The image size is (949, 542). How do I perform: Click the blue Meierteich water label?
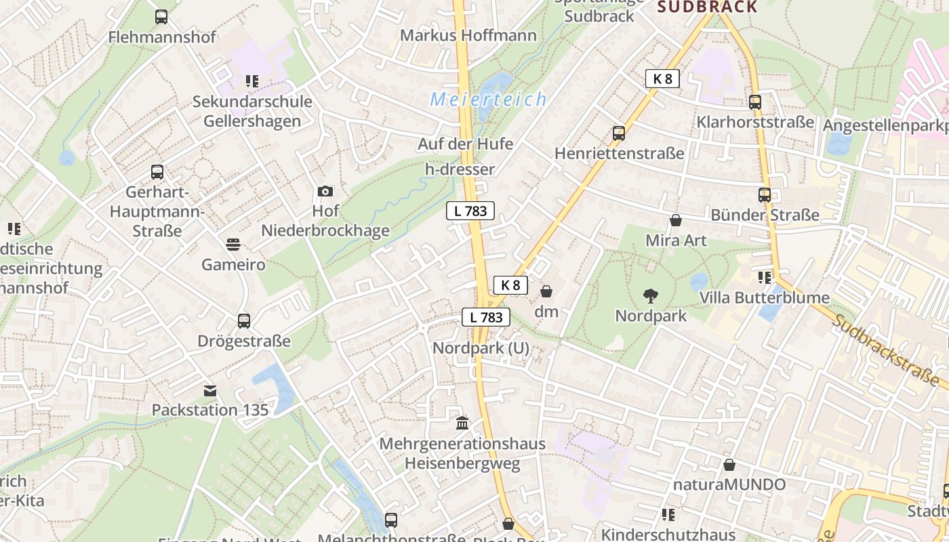[488, 100]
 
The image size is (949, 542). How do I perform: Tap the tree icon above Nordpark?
[651, 296]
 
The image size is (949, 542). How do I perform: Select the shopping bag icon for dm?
[546, 291]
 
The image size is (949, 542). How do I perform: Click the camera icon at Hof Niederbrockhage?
[325, 192]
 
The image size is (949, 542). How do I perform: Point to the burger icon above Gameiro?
[233, 244]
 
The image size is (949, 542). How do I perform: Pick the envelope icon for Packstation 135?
[210, 390]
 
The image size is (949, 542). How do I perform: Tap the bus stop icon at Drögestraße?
[244, 320]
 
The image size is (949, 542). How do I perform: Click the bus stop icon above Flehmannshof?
[161, 17]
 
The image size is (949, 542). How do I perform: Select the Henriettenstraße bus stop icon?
[619, 133]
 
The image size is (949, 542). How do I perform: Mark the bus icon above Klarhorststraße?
[755, 102]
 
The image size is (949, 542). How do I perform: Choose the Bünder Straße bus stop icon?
[765, 195]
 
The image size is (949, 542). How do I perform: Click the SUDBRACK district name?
[708, 7]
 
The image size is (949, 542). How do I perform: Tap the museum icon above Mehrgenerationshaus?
[462, 423]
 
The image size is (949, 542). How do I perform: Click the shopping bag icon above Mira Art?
[676, 220]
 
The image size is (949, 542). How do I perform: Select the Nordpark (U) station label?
[481, 348]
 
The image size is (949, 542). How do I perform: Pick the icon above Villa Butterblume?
[765, 278]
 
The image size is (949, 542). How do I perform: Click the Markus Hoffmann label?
[468, 35]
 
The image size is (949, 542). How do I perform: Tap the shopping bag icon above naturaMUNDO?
[729, 465]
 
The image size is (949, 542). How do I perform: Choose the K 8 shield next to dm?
[510, 285]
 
